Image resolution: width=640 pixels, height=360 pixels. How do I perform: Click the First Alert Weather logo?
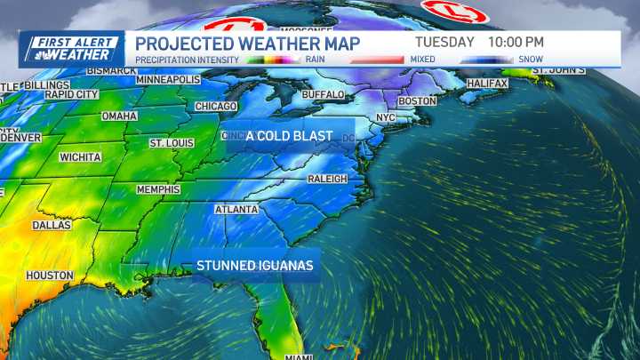point(71,49)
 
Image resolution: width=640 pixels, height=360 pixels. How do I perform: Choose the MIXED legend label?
point(421,60)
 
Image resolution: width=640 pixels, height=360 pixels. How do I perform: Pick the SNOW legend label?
point(531,60)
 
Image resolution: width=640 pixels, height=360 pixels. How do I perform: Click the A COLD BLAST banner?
point(289,136)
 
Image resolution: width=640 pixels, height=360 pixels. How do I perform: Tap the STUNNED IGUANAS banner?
point(255,266)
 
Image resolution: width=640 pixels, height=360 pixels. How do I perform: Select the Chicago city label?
point(216,107)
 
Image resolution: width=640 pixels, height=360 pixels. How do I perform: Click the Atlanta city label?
point(236,210)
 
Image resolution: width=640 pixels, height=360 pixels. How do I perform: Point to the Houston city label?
point(49,276)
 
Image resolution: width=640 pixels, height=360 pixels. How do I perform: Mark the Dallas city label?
point(52,226)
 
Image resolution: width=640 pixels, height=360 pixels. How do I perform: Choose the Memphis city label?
point(158,190)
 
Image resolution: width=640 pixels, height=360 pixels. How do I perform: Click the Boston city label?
point(417,101)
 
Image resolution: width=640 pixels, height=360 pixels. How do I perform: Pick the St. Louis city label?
point(172,143)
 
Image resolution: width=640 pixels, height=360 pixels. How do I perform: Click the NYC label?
point(386,117)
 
